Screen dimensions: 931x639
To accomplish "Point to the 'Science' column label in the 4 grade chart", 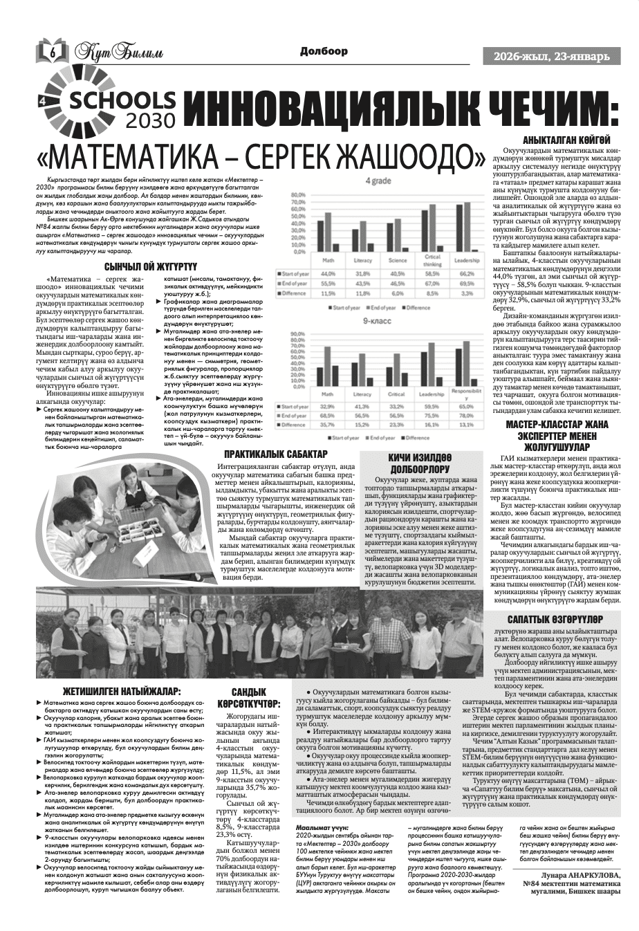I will [397, 261].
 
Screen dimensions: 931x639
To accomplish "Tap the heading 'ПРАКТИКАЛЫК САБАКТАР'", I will [275, 454].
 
